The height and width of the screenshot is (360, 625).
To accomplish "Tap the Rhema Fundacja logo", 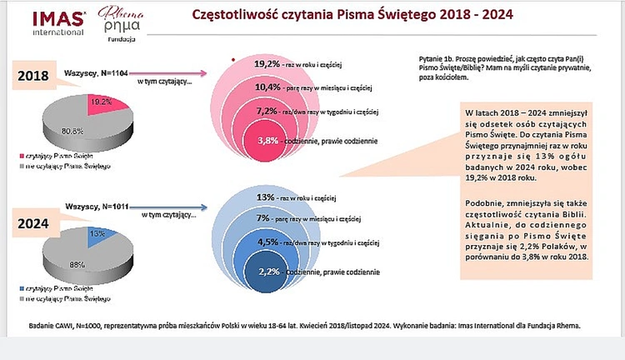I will pos(117,23).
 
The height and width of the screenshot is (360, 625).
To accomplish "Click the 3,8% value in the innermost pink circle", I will pos(268,140).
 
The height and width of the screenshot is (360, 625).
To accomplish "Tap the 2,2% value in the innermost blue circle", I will pos(268,272).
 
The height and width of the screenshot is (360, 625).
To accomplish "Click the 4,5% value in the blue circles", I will pos(267,243).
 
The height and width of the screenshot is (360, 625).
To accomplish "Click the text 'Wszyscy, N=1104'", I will pos(97,72).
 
